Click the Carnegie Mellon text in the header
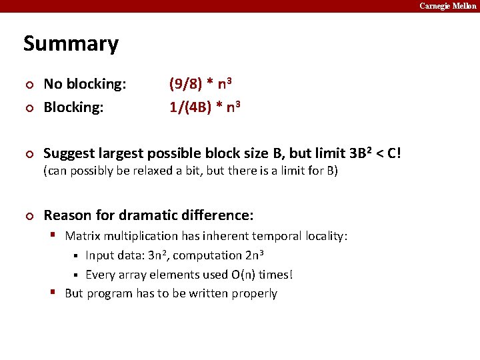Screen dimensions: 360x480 [x=447, y=6]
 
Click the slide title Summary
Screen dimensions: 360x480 [x=71, y=44]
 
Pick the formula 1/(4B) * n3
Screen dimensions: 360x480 [x=204, y=107]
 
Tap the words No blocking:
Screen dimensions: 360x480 [x=85, y=84]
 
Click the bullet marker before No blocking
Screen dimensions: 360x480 [x=27, y=85]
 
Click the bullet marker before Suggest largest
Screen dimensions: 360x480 [x=27, y=154]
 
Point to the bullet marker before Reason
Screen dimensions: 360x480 [x=27, y=216]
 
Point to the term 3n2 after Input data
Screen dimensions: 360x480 [x=157, y=255]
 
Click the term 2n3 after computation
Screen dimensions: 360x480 [x=254, y=255]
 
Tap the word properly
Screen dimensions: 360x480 [x=254, y=294]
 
